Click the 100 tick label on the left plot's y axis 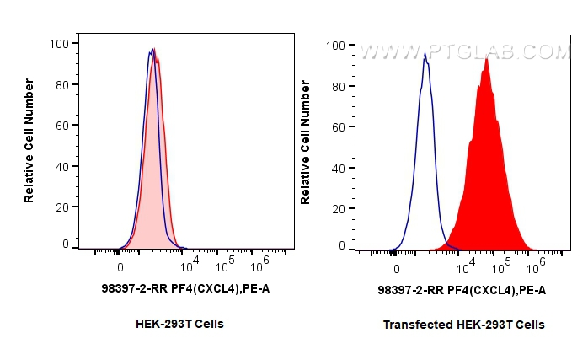pos(59,44)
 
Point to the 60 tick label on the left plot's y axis pos(62,126)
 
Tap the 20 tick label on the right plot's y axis pos(339,207)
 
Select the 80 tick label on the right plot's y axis pos(339,85)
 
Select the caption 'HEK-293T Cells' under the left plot pos(179,324)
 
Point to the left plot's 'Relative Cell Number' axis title pos(29,140)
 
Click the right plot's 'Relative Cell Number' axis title pos(306,142)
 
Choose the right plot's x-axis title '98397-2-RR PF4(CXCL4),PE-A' pos(462,290)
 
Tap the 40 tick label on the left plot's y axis pos(62,166)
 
